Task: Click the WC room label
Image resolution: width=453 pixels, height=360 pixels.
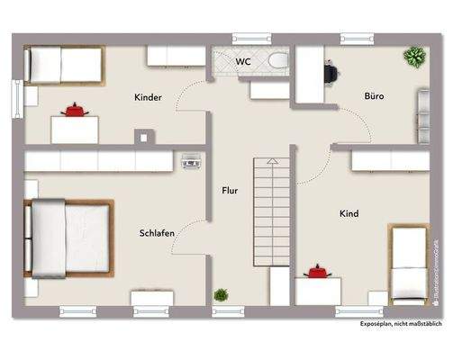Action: point(244,62)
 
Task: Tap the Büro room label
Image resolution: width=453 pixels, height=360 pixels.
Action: point(375,94)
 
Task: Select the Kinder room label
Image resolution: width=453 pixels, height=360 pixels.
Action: point(149,97)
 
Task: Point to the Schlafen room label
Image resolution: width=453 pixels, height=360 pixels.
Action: point(157,233)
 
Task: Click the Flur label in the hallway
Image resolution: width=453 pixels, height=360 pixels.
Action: point(230,191)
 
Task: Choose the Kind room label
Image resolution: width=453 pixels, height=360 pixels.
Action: point(349,213)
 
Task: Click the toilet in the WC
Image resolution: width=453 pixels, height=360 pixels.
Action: point(277,61)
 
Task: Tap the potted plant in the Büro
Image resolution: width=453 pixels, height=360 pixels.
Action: point(414,58)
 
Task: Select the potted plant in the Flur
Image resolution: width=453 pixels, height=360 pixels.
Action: point(221,294)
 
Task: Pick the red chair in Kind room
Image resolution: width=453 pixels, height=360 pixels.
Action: point(316,270)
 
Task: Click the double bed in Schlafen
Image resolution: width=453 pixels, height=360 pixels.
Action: point(68,238)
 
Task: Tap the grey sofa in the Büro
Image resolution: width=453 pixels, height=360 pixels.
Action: point(422,117)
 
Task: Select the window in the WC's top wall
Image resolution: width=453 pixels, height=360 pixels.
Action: point(252,38)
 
